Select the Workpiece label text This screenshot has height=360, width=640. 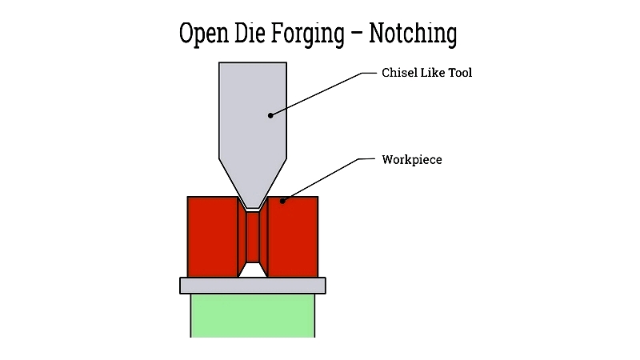(x=412, y=160)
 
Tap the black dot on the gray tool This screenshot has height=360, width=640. (x=270, y=115)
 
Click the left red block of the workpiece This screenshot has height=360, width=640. (x=212, y=237)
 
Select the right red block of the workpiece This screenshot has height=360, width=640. (x=294, y=237)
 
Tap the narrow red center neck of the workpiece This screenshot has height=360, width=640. (x=253, y=237)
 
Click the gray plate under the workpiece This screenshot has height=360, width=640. (x=253, y=286)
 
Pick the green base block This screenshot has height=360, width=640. (x=253, y=315)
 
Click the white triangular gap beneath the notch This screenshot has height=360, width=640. (x=253, y=270)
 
